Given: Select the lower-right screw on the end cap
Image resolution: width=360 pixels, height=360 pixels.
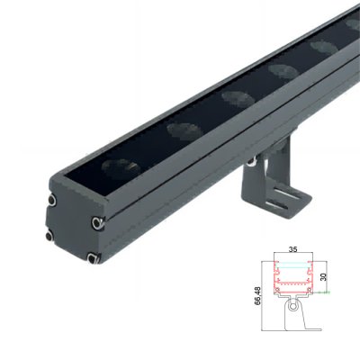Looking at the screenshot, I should [94, 258].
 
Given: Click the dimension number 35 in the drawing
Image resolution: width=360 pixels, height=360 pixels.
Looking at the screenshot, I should [292, 249].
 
